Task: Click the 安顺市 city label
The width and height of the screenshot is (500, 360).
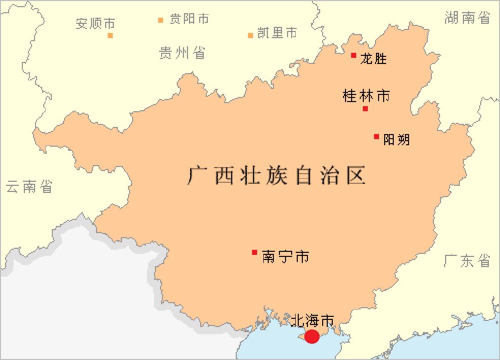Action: [96, 23]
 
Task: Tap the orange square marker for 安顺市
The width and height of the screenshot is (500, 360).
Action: [110, 36]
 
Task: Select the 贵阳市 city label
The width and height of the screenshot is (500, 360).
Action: [189, 19]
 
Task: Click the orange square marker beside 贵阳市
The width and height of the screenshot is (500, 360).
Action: [161, 20]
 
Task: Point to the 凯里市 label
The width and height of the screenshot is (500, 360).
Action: [277, 34]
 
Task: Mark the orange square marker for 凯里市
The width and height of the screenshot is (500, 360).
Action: [251, 36]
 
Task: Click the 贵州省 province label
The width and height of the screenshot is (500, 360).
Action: [182, 52]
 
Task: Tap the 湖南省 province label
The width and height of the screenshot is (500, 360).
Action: [467, 18]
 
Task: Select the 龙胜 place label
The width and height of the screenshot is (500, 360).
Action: [373, 59]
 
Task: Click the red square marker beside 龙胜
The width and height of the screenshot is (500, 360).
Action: [354, 55]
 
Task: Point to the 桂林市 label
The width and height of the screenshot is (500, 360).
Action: [366, 95]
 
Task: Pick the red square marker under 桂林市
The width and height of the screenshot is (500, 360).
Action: [365, 109]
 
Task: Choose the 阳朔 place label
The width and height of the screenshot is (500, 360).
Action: [396, 140]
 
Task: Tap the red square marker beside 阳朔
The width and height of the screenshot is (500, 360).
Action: [377, 136]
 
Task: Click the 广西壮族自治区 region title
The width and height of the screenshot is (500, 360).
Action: [276, 176]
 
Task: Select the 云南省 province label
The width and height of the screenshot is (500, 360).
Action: [29, 187]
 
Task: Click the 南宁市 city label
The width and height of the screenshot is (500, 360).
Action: [286, 256]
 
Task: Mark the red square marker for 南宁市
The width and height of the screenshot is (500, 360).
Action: [255, 252]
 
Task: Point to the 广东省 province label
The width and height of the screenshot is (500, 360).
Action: [467, 260]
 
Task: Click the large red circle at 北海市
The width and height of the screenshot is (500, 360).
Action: [311, 336]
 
